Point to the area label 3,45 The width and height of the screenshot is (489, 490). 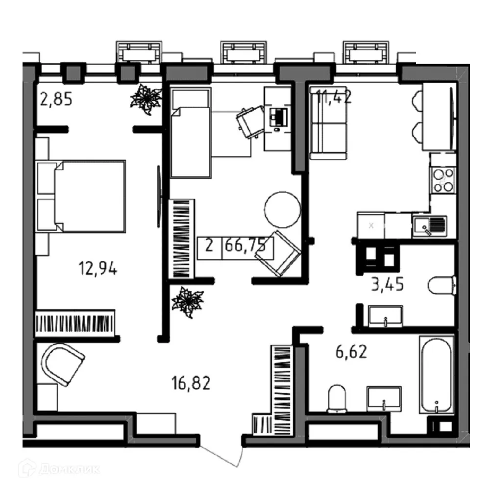[x=387, y=284]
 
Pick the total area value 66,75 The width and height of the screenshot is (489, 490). [x=247, y=245]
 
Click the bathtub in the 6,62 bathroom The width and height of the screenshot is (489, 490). [x=436, y=375]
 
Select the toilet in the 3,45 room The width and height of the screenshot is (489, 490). [x=441, y=285]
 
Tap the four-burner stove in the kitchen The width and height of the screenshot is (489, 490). [x=442, y=179]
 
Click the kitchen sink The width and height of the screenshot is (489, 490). [x=429, y=226]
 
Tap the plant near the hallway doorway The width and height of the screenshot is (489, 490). [x=187, y=301]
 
